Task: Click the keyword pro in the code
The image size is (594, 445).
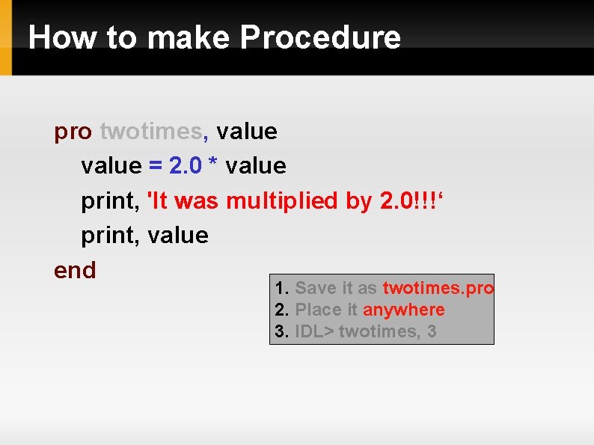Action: (x=73, y=132)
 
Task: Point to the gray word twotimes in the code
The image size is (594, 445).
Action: (x=150, y=132)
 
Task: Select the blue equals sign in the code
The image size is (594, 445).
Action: (x=156, y=166)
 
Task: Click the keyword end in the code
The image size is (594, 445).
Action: (x=75, y=269)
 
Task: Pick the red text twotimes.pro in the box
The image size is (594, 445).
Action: (x=438, y=288)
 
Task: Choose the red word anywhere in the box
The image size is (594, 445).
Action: (x=404, y=310)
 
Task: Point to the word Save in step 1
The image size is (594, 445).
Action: (x=316, y=288)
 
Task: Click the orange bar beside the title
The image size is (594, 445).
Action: (x=6, y=37)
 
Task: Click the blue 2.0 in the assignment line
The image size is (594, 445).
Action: (x=186, y=166)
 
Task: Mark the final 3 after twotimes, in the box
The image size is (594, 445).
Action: (x=432, y=331)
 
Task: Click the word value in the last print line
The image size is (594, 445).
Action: (x=178, y=236)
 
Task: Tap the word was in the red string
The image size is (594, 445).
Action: (x=196, y=200)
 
